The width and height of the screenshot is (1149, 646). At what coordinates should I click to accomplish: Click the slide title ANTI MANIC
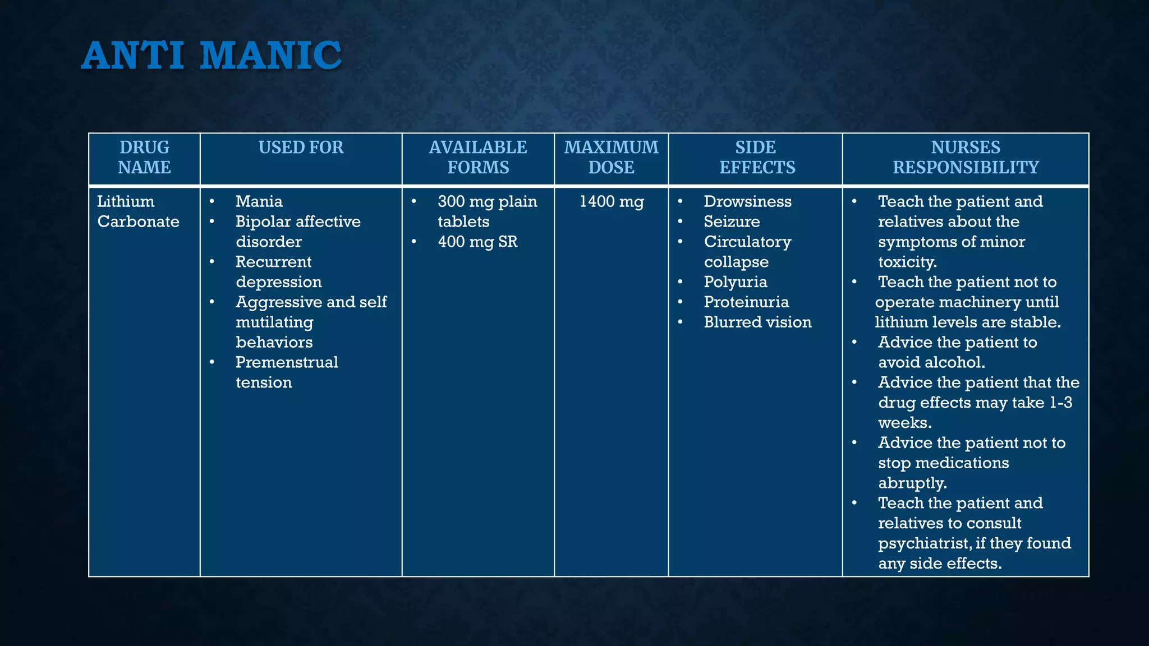coord(212,56)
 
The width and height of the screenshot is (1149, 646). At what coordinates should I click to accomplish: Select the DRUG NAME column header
coord(144,157)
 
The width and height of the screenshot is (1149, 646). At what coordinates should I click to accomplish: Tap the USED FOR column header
coord(301,147)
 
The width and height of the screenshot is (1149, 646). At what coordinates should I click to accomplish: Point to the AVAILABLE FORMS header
coord(478,157)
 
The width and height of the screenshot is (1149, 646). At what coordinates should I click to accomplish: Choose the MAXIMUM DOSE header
coord(611,157)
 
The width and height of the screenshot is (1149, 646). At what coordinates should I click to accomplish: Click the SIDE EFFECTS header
coord(757,157)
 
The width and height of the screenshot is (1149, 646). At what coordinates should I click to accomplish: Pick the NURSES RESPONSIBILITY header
coord(966,157)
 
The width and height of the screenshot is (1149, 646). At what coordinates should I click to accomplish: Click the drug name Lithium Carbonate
coord(138,211)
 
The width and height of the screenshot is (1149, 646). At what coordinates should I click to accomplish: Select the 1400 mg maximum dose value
coord(612,201)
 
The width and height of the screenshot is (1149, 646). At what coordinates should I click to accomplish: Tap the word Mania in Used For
coord(259,201)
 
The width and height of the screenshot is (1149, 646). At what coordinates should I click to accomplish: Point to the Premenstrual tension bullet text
coord(286,372)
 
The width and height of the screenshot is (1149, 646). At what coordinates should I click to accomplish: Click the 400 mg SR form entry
coord(477,242)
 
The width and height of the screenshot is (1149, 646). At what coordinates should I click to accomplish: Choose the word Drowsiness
coord(747,201)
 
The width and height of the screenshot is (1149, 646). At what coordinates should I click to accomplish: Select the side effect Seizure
coord(732,222)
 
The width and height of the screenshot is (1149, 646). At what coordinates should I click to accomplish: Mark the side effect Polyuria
coord(735,282)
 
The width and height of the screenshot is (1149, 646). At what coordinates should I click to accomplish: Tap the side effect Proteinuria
coord(746,302)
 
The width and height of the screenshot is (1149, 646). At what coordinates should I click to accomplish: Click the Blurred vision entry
coord(757,322)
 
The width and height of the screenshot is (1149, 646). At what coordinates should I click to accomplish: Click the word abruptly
coord(912,483)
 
